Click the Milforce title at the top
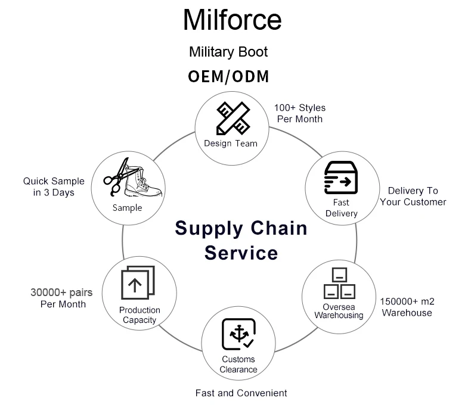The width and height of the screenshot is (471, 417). (x=232, y=20)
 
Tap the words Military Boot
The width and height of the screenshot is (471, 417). (x=228, y=52)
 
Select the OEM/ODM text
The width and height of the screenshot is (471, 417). (x=228, y=77)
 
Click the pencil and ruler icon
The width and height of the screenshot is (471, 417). (x=232, y=118)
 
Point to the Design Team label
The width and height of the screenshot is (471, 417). (x=231, y=143)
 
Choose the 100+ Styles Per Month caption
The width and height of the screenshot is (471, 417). (x=300, y=113)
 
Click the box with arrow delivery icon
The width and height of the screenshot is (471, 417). (x=340, y=179)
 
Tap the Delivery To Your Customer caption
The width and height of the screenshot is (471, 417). (x=413, y=196)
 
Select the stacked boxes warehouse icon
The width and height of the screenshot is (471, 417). (x=339, y=284)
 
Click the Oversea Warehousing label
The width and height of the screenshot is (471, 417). (x=339, y=311)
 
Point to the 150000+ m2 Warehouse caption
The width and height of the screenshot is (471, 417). (x=407, y=307)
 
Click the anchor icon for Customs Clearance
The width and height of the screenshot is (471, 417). (x=238, y=335)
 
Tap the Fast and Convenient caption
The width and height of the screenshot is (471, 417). (x=241, y=393)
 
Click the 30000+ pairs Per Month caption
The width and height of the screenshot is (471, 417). (x=63, y=298)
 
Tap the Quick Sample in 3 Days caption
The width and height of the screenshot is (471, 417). (x=54, y=186)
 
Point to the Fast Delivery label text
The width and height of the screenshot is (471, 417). (x=342, y=208)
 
